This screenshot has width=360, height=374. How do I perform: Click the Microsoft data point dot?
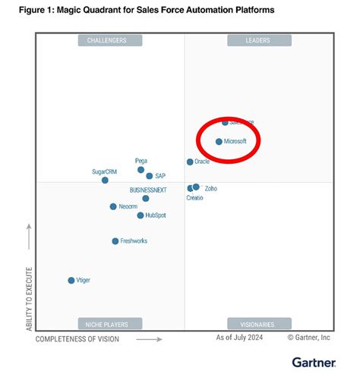click(219, 142)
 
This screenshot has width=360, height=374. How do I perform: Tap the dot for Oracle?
click(190, 162)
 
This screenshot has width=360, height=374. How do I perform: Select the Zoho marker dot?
click(196, 187)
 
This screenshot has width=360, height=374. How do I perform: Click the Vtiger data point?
click(71, 280)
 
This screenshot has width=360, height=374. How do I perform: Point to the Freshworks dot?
click(115, 241)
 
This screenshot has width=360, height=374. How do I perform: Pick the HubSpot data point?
click(141, 215)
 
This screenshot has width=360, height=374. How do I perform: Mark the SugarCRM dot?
click(105, 180)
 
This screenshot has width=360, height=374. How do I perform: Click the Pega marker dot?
click(141, 170)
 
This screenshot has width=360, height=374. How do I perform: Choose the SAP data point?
click(150, 176)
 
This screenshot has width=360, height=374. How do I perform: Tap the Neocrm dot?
click(112, 206)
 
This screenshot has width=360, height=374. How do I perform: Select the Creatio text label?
click(195, 198)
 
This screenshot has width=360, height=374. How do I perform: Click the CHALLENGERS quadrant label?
click(106, 40)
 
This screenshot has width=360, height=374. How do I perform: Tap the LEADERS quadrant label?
click(259, 40)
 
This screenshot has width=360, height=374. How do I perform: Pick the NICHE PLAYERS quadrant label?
click(106, 323)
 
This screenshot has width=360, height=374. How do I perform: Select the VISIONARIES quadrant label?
click(259, 323)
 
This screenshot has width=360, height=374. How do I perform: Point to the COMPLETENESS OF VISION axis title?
click(77, 339)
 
